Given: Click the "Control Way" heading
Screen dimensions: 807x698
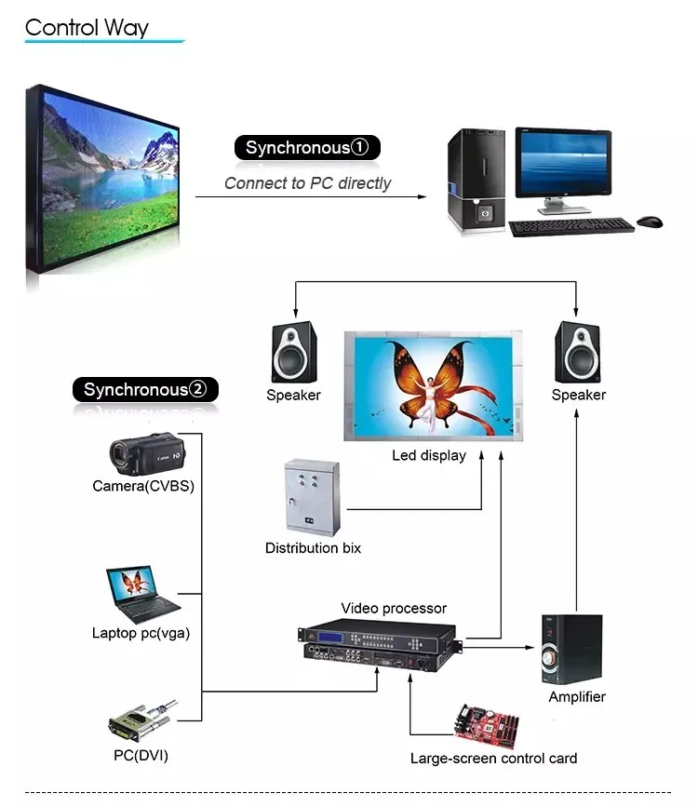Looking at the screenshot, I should pyautogui.click(x=87, y=28).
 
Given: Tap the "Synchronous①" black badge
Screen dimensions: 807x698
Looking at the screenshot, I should pyautogui.click(x=307, y=147).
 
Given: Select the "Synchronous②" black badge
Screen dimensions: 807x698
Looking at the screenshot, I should pyautogui.click(x=145, y=389).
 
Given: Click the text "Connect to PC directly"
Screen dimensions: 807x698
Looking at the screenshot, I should pyautogui.click(x=307, y=183).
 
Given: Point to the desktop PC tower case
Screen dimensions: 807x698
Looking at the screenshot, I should pyautogui.click(x=477, y=182).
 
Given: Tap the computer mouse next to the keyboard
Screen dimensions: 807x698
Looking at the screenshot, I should pyautogui.click(x=650, y=222).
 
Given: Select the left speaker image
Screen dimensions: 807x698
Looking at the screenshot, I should pyautogui.click(x=293, y=352).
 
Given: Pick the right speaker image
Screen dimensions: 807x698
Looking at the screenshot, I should pyautogui.click(x=578, y=352).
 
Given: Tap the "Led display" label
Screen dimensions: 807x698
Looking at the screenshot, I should pyautogui.click(x=429, y=456).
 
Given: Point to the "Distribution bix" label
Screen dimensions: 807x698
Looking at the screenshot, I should pyautogui.click(x=313, y=548).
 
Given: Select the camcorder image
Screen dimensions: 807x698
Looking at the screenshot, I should pyautogui.click(x=146, y=453).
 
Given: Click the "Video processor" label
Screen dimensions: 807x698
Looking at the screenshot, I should pyautogui.click(x=394, y=609).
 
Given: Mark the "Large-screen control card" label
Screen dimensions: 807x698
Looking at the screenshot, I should pyautogui.click(x=493, y=759).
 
